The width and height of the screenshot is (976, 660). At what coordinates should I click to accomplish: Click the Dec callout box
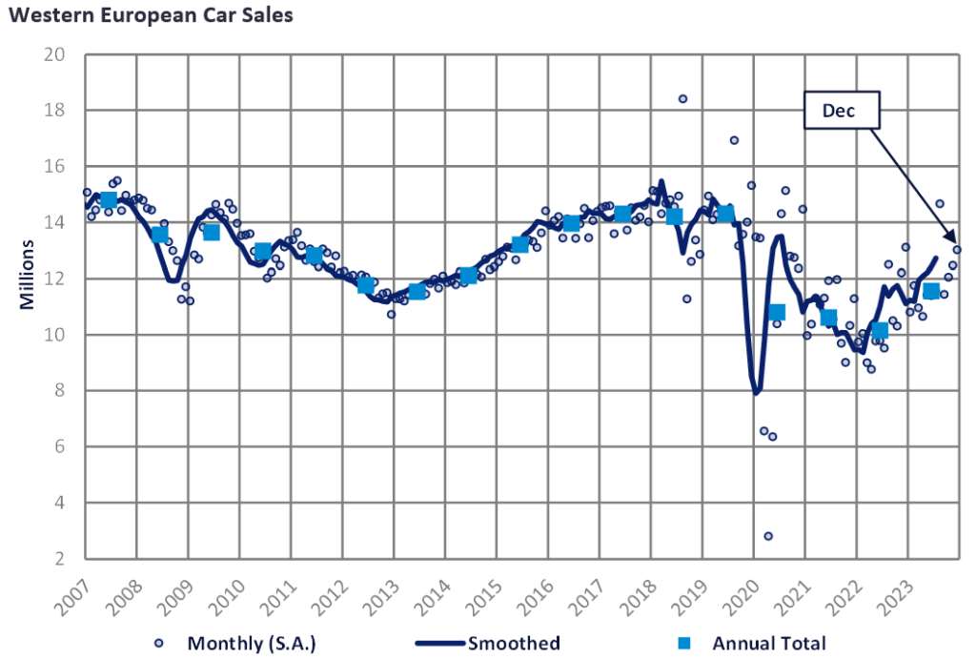coord(840,111)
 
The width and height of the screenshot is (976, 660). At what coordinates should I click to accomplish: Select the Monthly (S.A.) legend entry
coord(238,643)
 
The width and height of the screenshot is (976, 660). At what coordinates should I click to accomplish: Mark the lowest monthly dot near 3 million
coord(768,536)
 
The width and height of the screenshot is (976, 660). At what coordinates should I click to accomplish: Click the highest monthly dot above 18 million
coord(682,99)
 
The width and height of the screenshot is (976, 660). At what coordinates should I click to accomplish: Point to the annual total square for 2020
coord(776,312)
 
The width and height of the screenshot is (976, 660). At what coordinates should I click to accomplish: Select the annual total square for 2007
coord(109,199)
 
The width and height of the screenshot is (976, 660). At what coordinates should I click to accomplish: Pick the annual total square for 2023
coord(931,291)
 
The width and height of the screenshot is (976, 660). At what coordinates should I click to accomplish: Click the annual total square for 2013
coord(417,291)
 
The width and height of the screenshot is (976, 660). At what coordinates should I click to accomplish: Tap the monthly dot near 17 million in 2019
coord(734,140)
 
